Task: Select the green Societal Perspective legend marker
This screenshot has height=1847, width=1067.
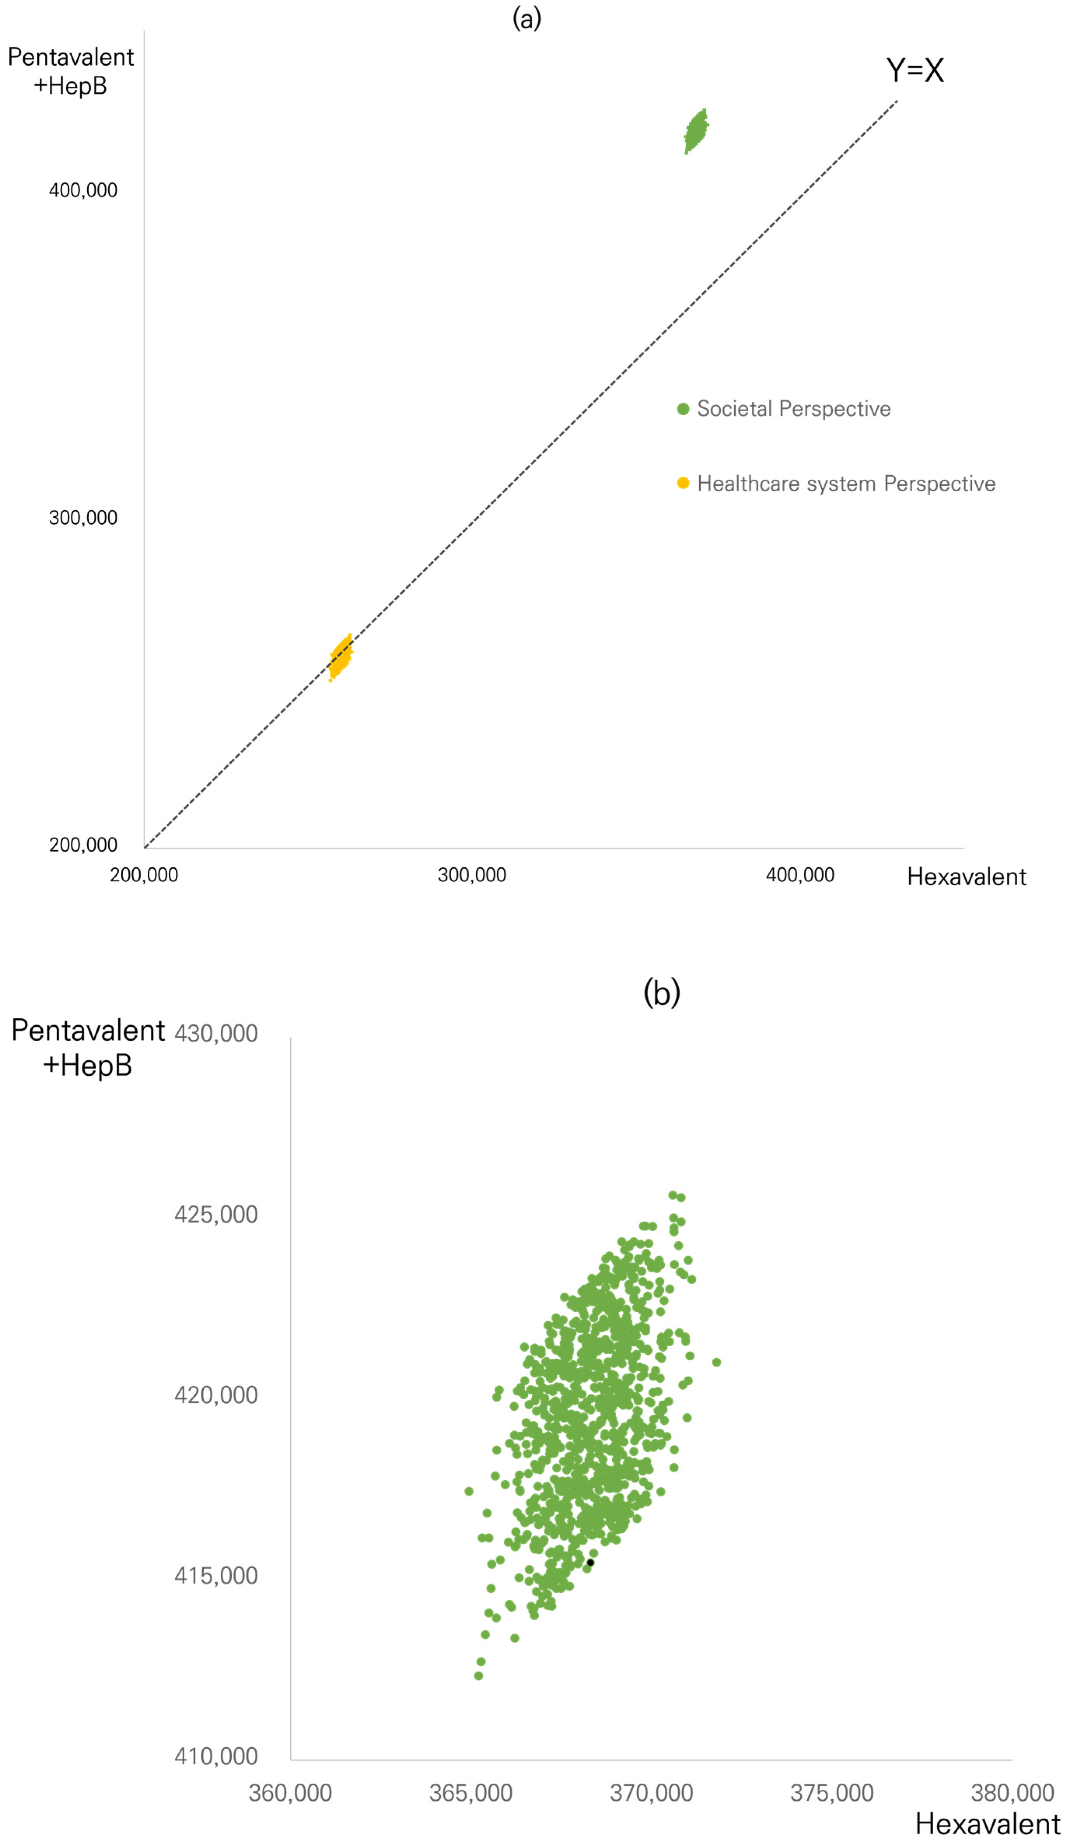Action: click(683, 409)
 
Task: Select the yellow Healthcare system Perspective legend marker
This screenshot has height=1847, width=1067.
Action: click(683, 483)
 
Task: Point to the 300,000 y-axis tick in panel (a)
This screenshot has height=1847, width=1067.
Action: click(83, 517)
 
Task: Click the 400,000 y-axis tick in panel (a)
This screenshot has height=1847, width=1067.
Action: click(83, 190)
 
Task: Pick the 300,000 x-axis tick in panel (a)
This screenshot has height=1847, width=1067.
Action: click(472, 874)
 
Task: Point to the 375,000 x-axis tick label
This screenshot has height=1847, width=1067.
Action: click(832, 1793)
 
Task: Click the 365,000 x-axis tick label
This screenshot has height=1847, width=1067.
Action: click(470, 1793)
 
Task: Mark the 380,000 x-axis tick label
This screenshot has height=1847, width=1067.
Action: click(1012, 1793)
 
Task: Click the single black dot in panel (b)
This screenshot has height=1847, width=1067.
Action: click(590, 1562)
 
